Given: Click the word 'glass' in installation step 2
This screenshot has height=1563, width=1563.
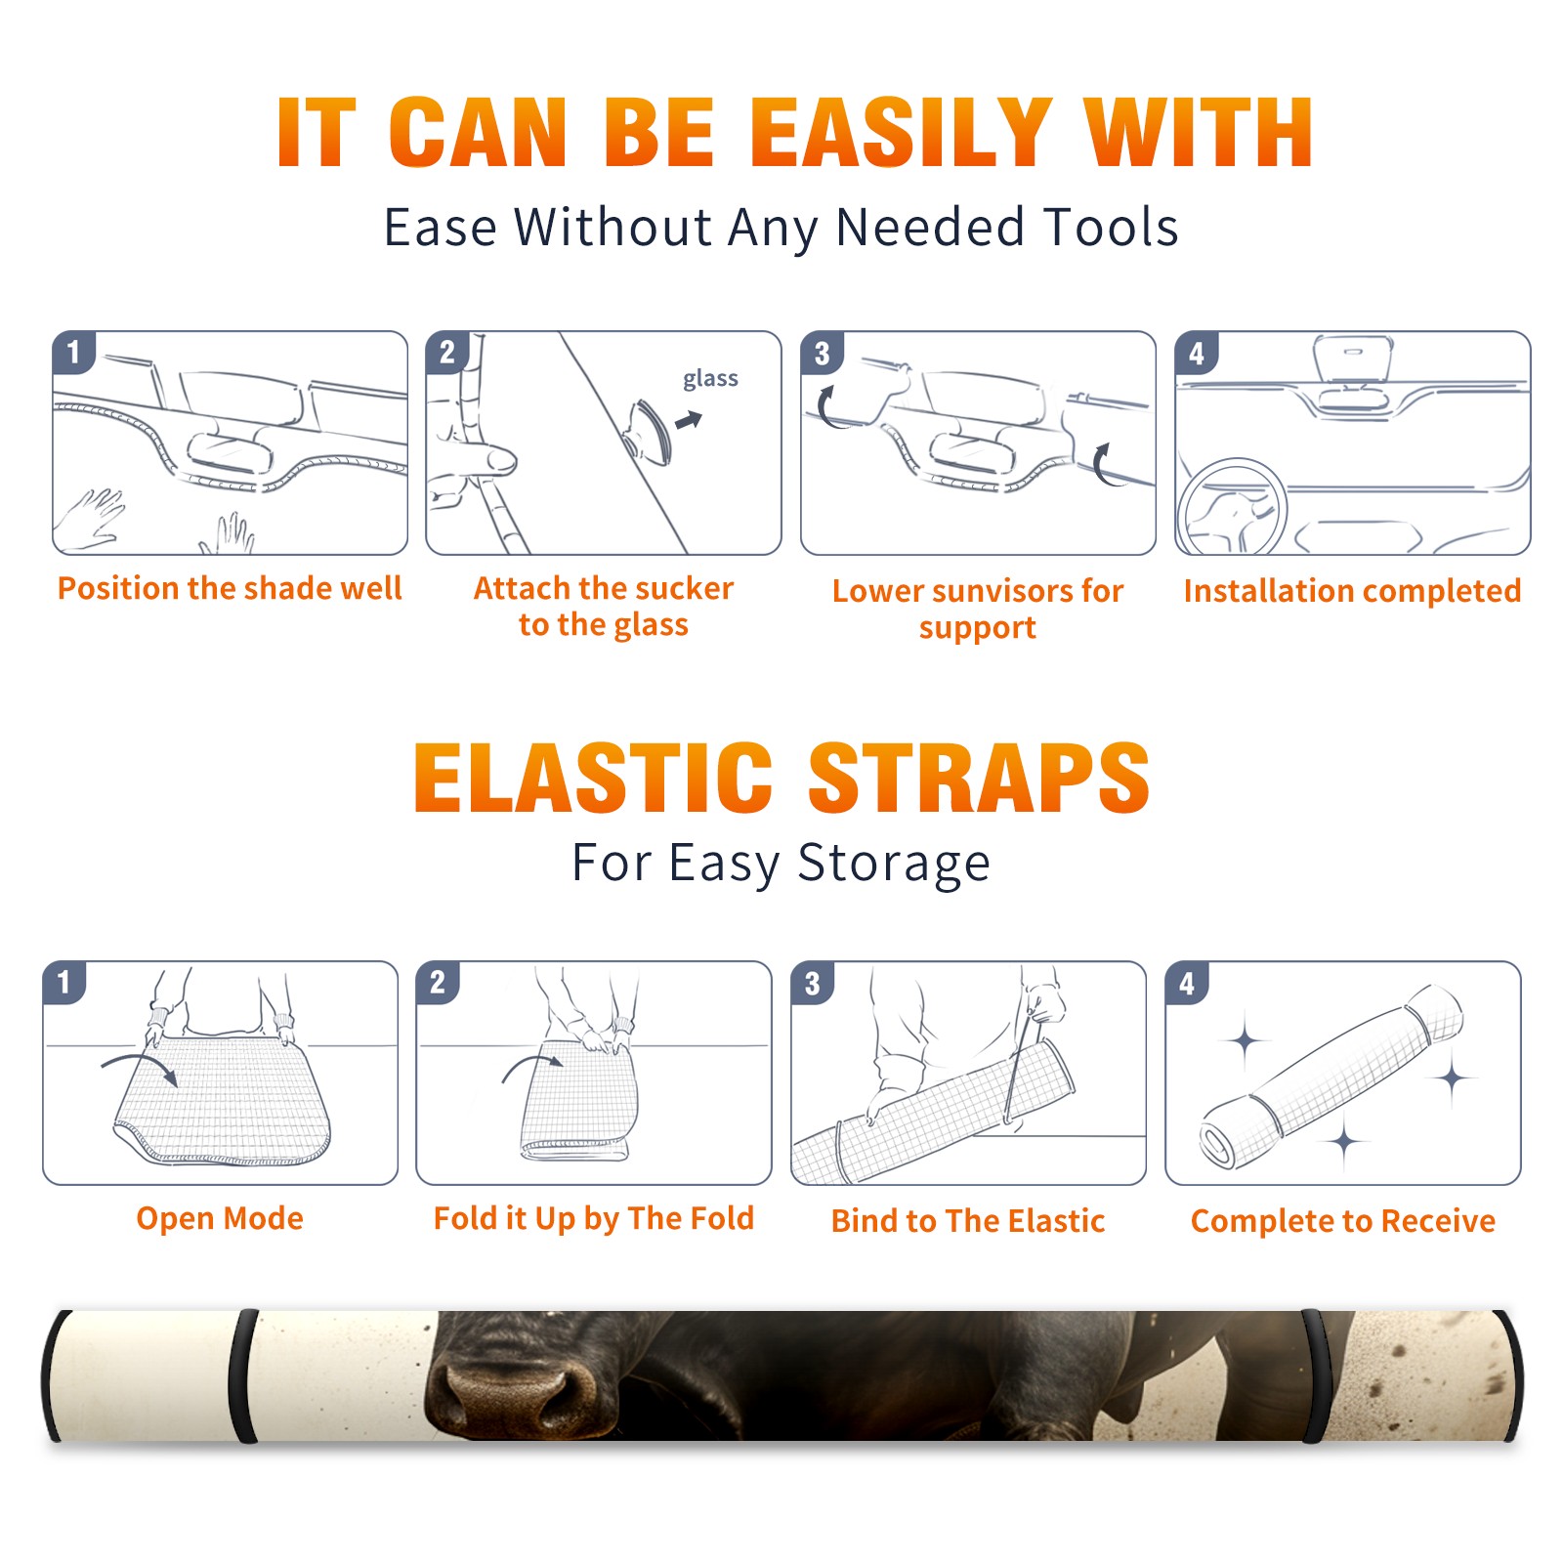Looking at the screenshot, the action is [x=710, y=378].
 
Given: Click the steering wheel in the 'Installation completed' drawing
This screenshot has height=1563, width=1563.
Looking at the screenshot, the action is [x=1233, y=507].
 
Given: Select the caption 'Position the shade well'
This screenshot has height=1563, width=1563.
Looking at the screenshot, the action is [x=230, y=588].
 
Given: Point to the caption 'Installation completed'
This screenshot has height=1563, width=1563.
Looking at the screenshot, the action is [x=1352, y=590].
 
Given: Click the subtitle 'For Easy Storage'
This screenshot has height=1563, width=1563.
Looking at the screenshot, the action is [x=781, y=863].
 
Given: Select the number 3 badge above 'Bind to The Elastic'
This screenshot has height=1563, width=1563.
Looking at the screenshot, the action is [x=812, y=984].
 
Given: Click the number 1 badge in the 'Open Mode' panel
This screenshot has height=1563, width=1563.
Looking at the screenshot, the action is [x=64, y=982].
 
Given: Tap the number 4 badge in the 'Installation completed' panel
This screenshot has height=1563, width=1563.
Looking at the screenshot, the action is [x=1196, y=353].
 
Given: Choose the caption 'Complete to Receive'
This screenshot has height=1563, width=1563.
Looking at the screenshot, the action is [x=1343, y=1221].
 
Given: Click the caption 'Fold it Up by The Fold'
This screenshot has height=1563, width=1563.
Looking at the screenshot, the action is [x=594, y=1218].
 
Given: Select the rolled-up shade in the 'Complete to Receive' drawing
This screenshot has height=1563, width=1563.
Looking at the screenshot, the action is [x=1331, y=1076].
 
